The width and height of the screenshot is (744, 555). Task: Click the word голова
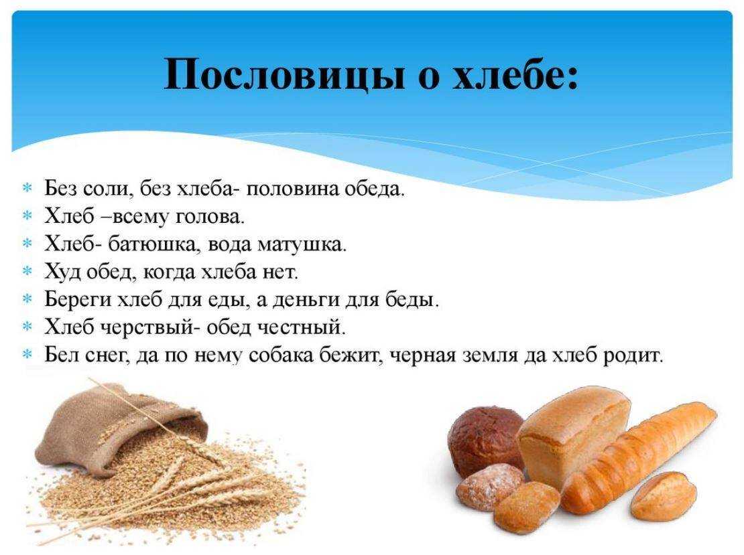coord(210,217)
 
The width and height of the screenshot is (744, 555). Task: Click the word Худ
coord(60,272)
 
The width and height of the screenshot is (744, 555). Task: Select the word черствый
coord(145,327)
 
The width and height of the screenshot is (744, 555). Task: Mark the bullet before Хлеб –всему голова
coord(27,216)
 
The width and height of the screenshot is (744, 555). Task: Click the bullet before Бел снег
coord(27,354)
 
